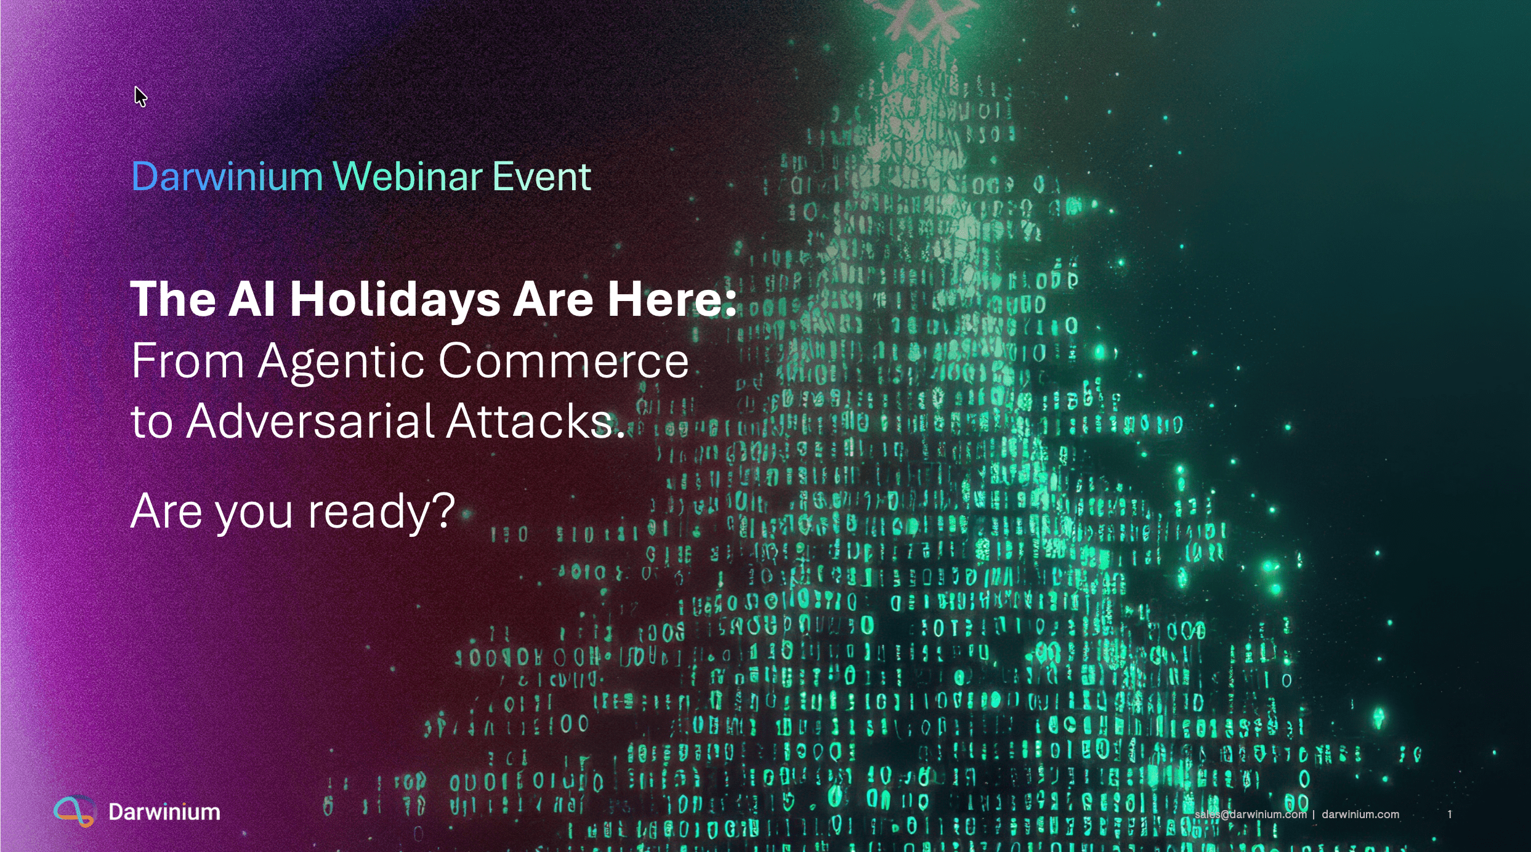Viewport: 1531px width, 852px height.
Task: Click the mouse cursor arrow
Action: [x=140, y=97]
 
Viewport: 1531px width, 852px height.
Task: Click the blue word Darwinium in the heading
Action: [x=227, y=177]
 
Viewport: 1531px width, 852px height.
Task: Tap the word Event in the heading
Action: [x=542, y=177]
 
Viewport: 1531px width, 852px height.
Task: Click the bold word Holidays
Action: [x=395, y=300]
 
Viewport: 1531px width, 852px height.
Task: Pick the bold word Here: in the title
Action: [x=673, y=299]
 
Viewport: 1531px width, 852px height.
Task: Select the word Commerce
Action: [x=564, y=361]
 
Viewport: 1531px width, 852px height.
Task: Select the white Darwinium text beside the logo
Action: [x=164, y=812]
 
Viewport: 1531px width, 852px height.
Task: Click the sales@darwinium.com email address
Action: [x=1250, y=814]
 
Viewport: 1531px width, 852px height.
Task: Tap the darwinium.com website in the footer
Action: [x=1360, y=814]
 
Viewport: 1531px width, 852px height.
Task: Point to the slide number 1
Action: [x=1450, y=814]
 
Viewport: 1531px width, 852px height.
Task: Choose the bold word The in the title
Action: [x=173, y=299]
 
